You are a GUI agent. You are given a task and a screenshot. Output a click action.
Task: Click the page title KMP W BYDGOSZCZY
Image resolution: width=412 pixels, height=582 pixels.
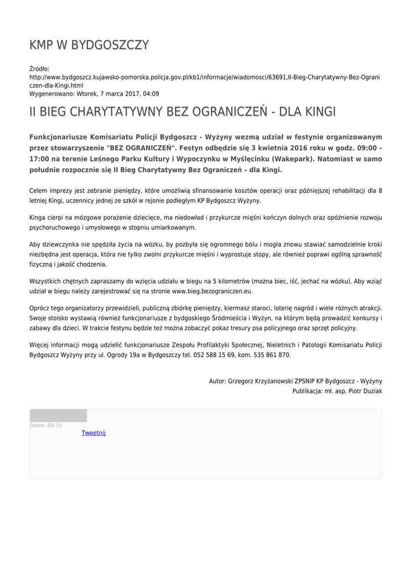(x=89, y=45)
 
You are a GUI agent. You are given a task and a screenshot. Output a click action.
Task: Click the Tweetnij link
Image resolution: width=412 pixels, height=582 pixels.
(x=93, y=433)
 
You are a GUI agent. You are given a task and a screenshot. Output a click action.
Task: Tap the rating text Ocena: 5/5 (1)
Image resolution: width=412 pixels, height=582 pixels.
(x=46, y=425)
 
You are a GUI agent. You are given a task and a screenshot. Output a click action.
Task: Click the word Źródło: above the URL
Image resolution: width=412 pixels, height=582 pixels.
(x=39, y=69)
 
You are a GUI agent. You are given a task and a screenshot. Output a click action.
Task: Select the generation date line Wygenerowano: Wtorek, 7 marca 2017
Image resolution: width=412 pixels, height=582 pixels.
(x=94, y=94)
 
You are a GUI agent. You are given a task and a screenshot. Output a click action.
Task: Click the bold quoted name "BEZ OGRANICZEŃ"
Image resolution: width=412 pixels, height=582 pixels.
(x=140, y=148)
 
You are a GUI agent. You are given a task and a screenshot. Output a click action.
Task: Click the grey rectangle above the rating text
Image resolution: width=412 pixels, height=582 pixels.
(x=58, y=415)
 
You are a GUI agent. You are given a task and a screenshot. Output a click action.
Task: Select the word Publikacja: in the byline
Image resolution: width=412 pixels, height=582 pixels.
(x=308, y=391)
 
